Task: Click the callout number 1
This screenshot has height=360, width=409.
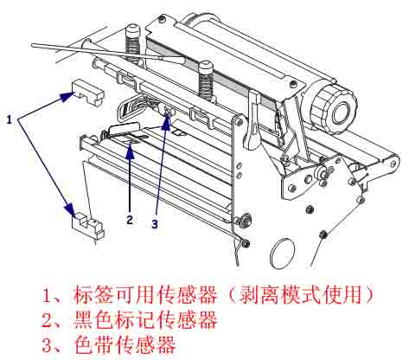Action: [x=10, y=120]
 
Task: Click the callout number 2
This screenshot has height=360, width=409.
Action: [x=129, y=219]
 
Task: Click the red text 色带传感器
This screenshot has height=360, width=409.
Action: [x=126, y=345]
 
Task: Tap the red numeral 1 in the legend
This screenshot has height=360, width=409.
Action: [x=46, y=294]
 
